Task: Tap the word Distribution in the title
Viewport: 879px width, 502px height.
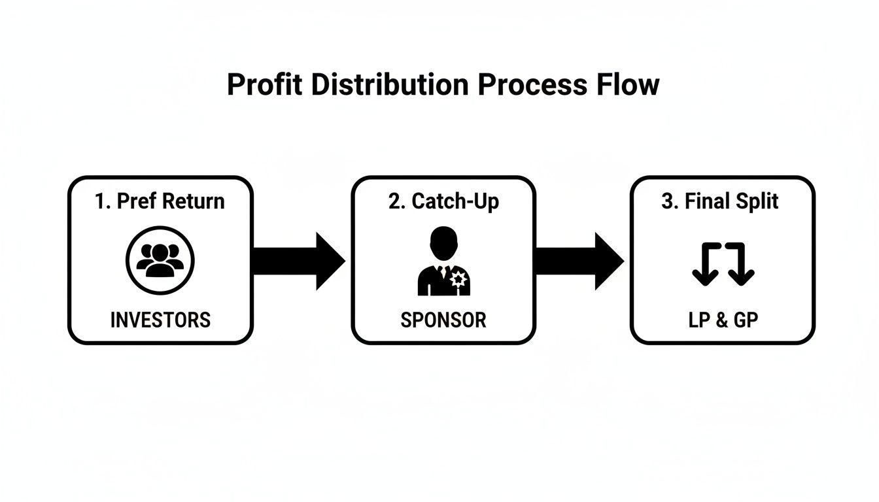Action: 389,85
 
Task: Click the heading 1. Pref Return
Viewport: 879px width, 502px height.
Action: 160,201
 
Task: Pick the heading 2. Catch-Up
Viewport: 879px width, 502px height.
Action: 443,201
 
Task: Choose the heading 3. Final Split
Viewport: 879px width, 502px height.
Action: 720,201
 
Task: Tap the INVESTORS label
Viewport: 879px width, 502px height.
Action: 160,320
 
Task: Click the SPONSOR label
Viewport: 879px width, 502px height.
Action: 443,320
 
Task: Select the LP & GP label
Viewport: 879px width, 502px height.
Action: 723,320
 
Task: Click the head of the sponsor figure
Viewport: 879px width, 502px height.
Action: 443,241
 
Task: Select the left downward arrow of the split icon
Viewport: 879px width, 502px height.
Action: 704,268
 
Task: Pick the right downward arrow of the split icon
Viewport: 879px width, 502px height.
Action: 742,268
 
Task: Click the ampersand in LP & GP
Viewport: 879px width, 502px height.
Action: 722,320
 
